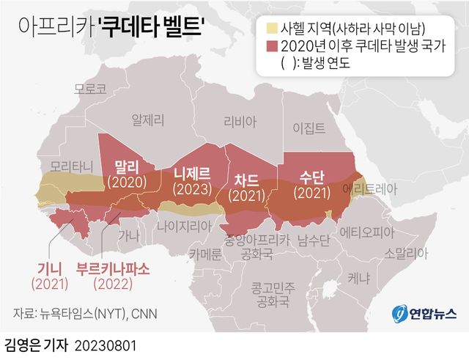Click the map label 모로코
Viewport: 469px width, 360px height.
[x=90, y=89]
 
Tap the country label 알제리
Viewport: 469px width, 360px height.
[x=147, y=118]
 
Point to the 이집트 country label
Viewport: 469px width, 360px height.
[x=309, y=128]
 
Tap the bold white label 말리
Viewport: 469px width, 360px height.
[x=127, y=165]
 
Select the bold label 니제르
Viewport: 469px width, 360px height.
[x=192, y=173]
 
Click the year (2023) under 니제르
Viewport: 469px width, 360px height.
[x=192, y=188]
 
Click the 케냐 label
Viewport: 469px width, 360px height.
[x=359, y=279]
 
